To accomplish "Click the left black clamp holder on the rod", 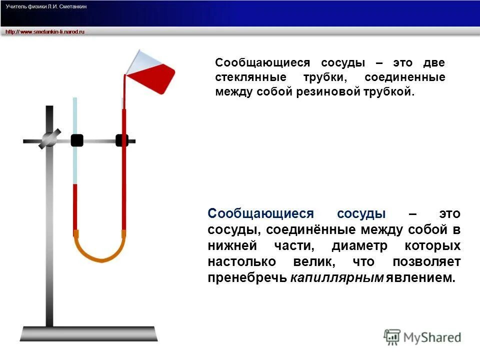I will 76,140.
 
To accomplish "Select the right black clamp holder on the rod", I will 121,140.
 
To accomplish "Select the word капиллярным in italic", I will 336,278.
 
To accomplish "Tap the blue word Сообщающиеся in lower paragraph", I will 260,214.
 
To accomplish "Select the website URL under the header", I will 45,31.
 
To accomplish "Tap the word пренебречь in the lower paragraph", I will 247,278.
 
